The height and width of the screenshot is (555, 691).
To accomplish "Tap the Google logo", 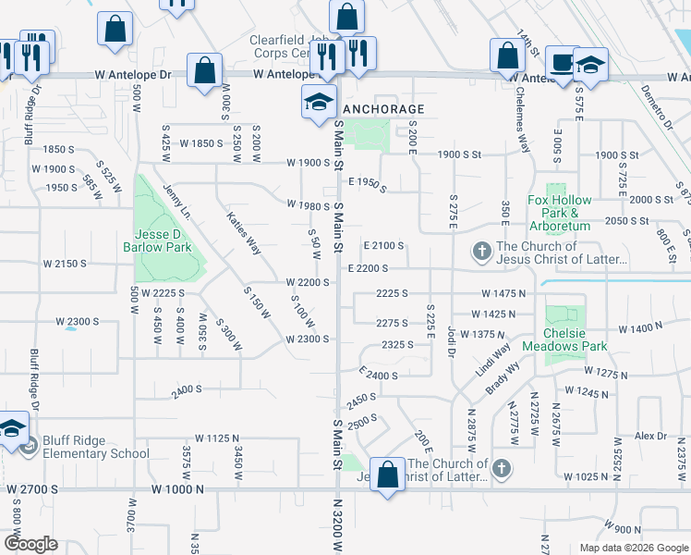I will click(30, 544).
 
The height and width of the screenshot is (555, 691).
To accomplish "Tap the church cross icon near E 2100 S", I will click(481, 251).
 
